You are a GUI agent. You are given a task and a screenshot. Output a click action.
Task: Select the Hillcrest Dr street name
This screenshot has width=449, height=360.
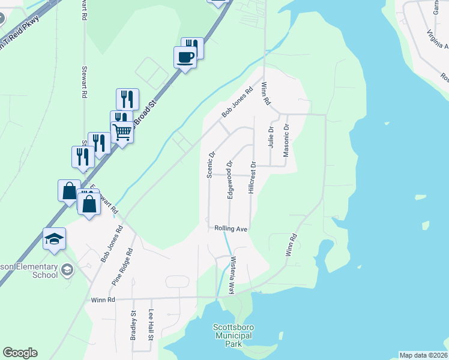coord(253,177)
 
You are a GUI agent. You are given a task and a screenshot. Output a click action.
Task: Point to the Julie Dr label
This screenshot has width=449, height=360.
coord(271,137)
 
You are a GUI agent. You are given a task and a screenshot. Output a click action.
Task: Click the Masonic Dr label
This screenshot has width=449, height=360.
coord(286,140)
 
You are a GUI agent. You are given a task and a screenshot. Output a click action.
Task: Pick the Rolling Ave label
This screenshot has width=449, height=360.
coord(231,229)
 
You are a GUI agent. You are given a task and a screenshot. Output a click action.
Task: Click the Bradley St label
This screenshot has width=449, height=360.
coord(133,325)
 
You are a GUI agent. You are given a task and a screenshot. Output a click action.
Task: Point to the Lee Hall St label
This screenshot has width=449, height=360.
coord(151,325)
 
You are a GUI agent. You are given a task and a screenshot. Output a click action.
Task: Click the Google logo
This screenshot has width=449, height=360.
coord(20,353)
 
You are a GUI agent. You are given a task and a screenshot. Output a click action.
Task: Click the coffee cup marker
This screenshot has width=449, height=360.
coord(185,58)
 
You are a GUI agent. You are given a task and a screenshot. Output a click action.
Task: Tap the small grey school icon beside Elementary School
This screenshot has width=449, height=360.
coord(67,271)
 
